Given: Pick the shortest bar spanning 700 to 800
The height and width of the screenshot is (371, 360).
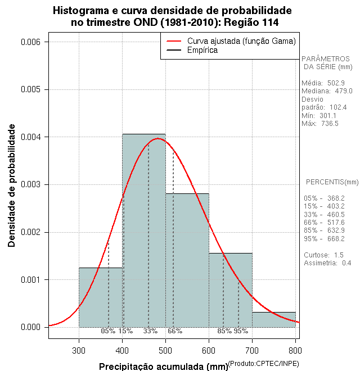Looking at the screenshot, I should tap(274, 320).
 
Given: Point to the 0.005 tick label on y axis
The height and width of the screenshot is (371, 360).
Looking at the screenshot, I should tap(30, 89).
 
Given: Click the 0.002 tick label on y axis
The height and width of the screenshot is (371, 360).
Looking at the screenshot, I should tap(30, 232).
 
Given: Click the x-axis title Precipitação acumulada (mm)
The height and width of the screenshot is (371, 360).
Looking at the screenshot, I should tap(163, 367).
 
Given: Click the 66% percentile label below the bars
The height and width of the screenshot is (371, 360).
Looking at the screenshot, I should tap(175, 331).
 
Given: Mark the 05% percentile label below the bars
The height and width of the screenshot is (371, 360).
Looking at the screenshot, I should tap(108, 331).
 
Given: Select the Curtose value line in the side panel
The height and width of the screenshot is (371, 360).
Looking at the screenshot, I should tap(323, 255).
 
